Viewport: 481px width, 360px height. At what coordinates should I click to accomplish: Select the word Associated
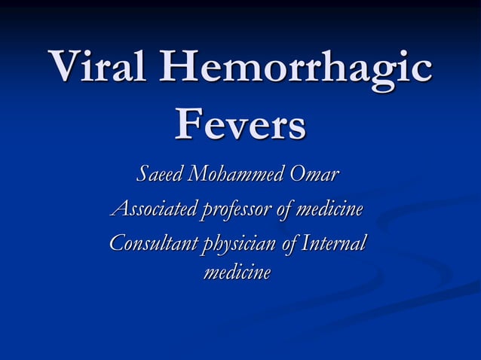pos(153,209)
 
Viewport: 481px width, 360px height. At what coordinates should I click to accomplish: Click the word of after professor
pos(285,209)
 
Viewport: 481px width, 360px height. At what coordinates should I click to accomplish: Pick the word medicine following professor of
pos(332,209)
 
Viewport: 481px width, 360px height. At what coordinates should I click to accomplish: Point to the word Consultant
pos(150,244)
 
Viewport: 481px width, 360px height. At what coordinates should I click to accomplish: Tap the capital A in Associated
pos(118,209)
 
